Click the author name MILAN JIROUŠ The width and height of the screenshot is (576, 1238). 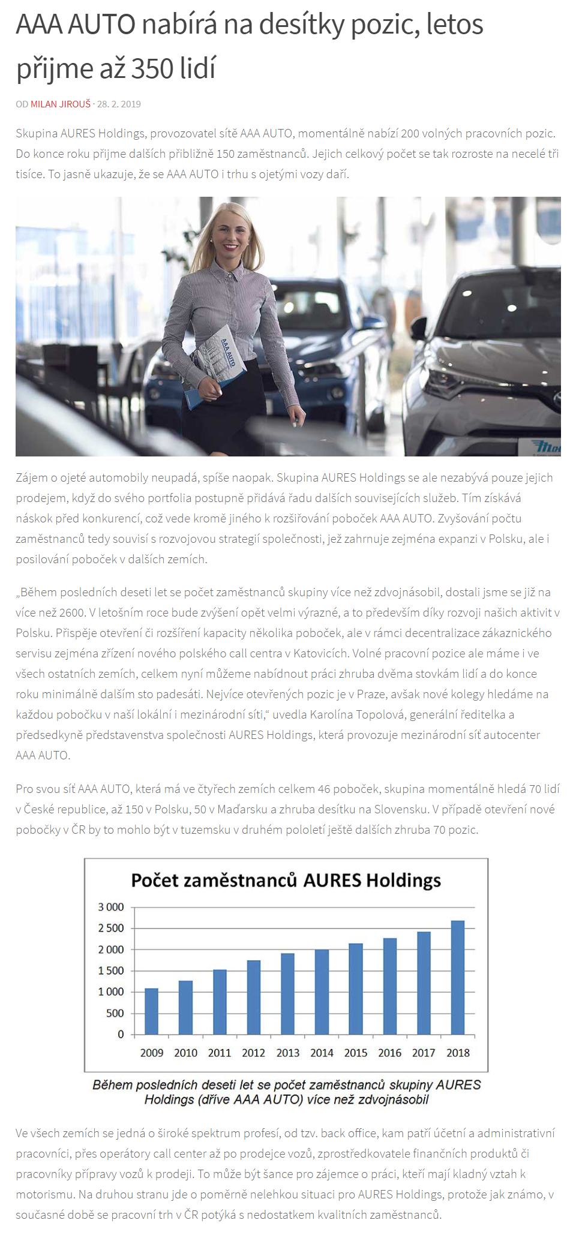point(61,104)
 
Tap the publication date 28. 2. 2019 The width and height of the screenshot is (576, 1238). point(119,104)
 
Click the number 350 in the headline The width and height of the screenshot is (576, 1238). point(152,68)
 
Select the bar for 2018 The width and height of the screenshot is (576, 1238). point(457,978)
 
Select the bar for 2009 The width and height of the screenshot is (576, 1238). point(152,1011)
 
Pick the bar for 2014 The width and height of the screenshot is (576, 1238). point(322,992)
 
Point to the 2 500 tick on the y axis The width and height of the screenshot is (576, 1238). point(111,928)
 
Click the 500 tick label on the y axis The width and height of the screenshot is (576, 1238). point(115,1013)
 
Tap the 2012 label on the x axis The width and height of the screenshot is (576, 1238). point(253,1053)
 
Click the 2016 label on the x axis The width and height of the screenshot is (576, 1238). point(389,1053)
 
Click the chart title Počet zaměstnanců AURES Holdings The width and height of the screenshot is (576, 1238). point(286,881)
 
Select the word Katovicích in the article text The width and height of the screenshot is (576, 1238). point(321,653)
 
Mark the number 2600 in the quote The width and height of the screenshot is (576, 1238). point(73,612)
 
